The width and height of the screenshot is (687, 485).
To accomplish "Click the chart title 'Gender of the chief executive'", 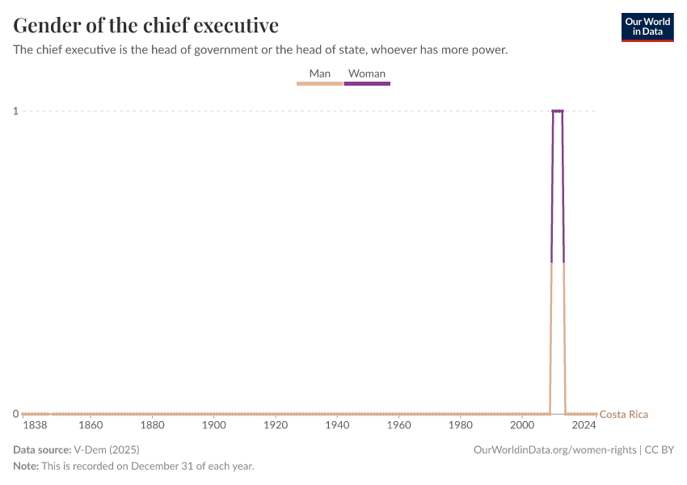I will pos(146,25).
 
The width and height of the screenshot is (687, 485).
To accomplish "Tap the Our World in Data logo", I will pos(647,27).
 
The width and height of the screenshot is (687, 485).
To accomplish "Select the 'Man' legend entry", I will pos(320,74).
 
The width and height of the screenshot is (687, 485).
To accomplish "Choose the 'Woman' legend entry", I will pos(367,74).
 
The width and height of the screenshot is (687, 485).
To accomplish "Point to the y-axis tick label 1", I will pos(15,111).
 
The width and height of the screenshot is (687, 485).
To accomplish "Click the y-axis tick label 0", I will pos(15,414).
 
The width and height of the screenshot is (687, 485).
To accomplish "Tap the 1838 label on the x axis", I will pos(35,425).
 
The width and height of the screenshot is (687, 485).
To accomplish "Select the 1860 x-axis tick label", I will pos(91,425).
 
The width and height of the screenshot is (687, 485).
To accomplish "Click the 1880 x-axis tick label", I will pos(152,425).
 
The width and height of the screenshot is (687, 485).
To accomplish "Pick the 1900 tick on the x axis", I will pos(213,425).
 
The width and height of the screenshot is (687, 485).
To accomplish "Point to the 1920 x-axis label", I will pos(276,425).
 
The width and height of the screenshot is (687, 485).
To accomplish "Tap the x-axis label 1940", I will pos(337,425).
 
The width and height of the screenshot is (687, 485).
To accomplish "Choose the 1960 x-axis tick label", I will pos(398,425).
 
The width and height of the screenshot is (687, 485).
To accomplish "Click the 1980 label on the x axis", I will pos(461,425).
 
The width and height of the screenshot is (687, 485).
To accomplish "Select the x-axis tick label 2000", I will pos(522,425).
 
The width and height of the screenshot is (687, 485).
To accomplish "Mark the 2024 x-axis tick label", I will pos(584,425).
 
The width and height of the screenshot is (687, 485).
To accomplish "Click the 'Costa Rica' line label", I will pos(623,415).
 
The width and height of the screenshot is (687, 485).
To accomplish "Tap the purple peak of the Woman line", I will pos(558,111).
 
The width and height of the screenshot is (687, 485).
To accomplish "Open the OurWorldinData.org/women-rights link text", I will pos(555,450).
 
